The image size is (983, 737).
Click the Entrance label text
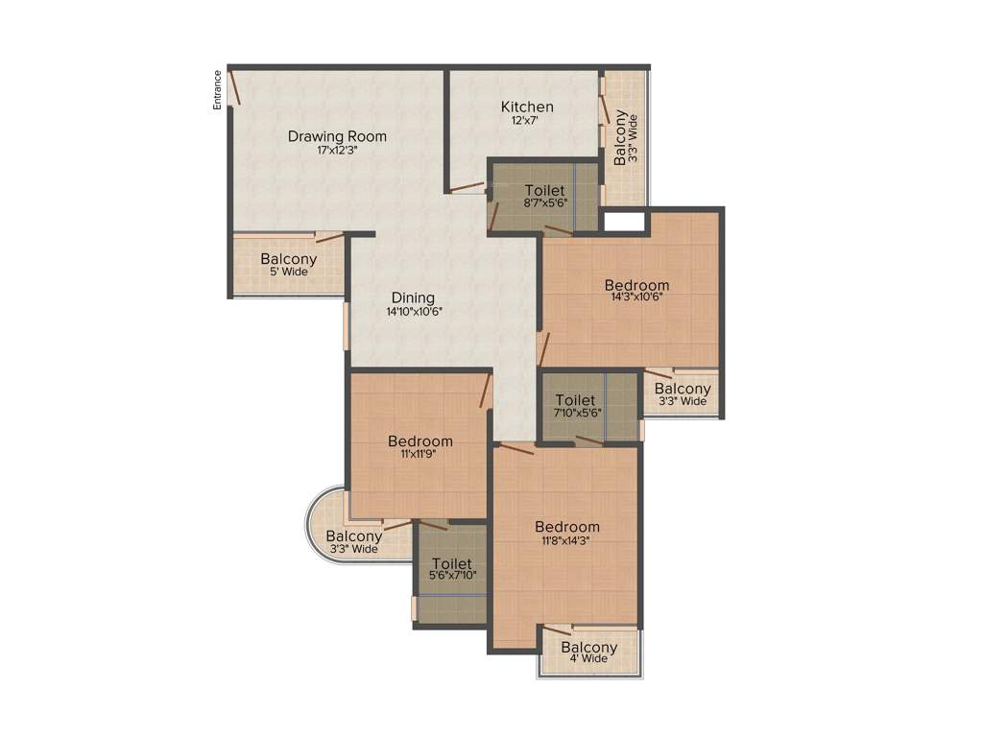click(218, 90)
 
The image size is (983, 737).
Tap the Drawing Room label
click(337, 136)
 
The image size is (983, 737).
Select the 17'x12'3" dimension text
click(337, 151)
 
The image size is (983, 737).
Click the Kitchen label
click(527, 107)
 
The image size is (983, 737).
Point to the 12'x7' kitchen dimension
click(525, 121)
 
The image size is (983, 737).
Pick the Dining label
click(413, 297)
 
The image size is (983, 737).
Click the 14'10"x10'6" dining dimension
click(414, 312)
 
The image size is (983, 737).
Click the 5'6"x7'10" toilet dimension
click(451, 576)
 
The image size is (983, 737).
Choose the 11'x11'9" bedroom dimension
click(420, 455)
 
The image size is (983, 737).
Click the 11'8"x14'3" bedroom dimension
click(566, 539)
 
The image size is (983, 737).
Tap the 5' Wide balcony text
click(288, 272)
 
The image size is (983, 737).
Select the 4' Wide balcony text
click(588, 659)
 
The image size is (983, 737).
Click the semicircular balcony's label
click(353, 536)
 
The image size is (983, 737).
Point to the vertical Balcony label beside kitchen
click(620, 137)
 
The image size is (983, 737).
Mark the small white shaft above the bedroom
click(624, 222)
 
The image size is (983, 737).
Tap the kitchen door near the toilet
click(468, 187)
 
